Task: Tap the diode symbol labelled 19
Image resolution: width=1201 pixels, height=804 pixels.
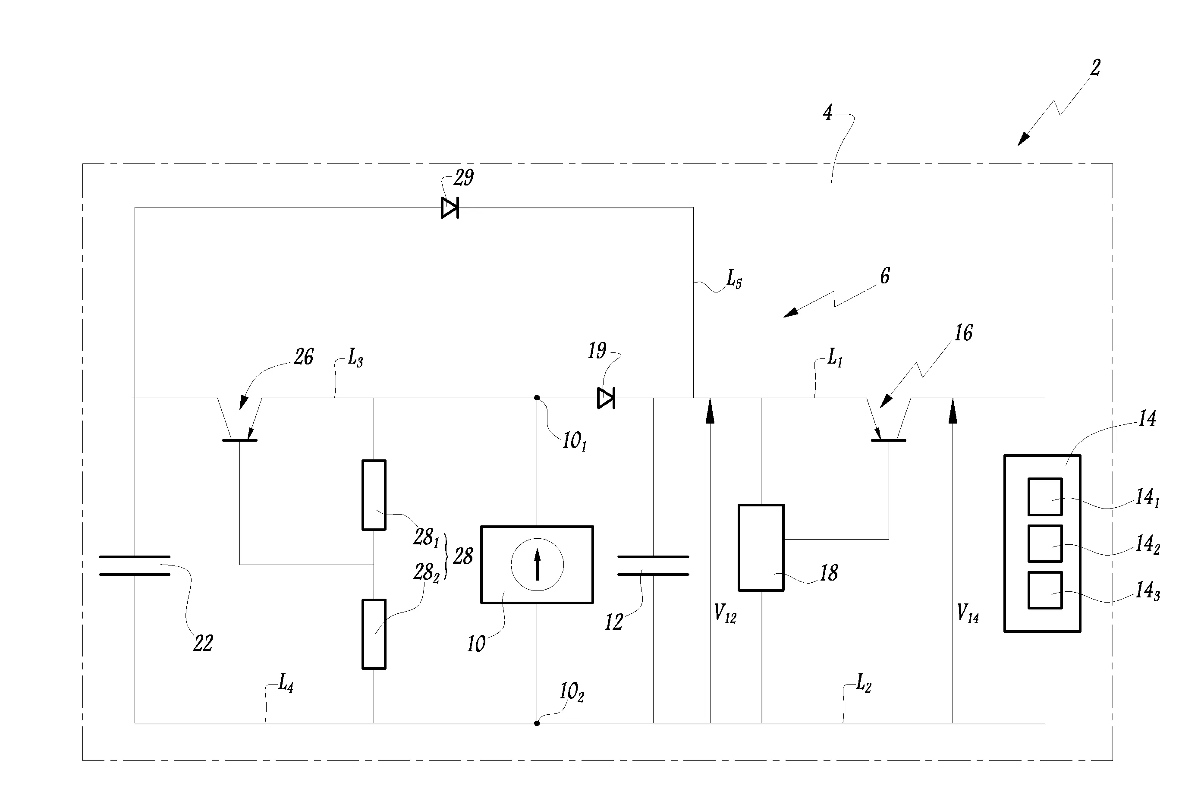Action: (606, 398)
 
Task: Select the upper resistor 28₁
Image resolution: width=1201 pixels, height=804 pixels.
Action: (374, 495)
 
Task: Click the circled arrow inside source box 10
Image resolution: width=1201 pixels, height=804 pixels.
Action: (537, 565)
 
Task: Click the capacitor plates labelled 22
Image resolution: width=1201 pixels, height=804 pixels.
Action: (134, 565)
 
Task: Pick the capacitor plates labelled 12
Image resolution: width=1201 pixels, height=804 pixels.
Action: (653, 565)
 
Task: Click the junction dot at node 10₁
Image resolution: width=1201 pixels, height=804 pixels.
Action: (537, 398)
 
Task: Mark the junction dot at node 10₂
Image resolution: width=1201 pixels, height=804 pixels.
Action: (537, 723)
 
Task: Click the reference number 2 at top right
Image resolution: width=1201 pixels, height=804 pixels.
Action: (1095, 68)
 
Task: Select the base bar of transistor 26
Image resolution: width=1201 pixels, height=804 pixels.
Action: (239, 440)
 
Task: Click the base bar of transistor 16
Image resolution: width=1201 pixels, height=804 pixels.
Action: (889, 440)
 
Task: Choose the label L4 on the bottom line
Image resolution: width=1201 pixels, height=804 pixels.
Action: (286, 684)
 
